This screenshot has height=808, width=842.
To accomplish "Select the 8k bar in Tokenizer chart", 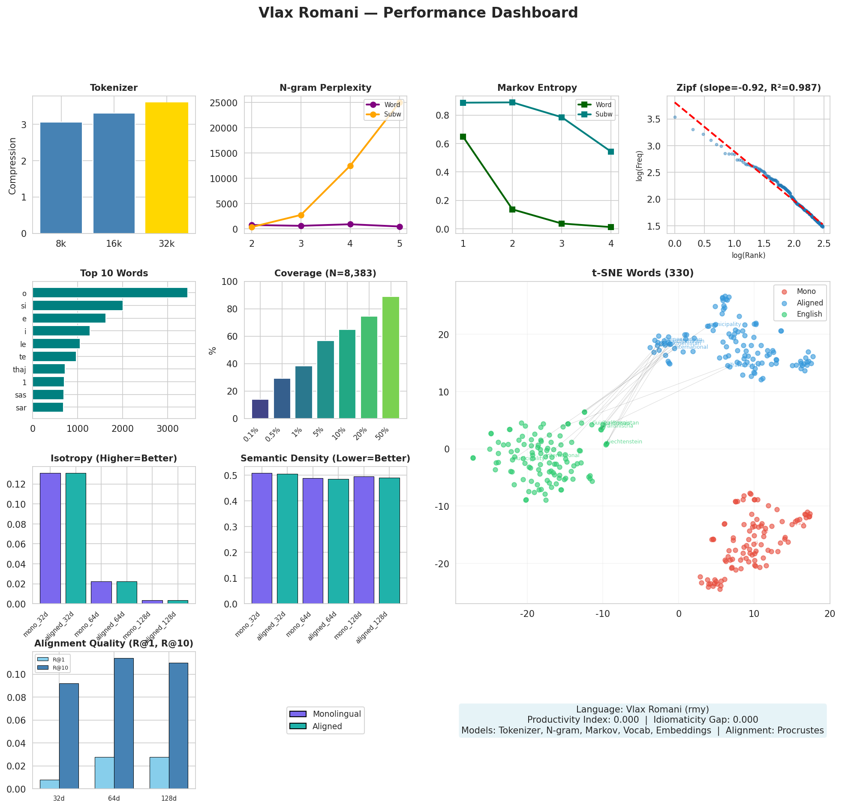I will pyautogui.click(x=61, y=178).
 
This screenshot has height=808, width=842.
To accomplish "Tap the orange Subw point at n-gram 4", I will pyautogui.click(x=350, y=166).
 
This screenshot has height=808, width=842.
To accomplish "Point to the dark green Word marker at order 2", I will pyautogui.click(x=512, y=209).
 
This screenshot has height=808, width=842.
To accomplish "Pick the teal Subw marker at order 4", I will pyautogui.click(x=610, y=152).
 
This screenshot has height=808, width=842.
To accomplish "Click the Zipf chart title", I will pyautogui.click(x=749, y=88).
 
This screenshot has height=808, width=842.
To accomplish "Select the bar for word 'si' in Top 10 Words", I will pyautogui.click(x=77, y=306).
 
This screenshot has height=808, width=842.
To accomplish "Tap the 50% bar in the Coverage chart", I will pyautogui.click(x=391, y=357).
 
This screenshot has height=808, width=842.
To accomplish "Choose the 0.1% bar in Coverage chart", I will pyautogui.click(x=260, y=409).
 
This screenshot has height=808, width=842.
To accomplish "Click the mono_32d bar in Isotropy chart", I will pyautogui.click(x=50, y=538).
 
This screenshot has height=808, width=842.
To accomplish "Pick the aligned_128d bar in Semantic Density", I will pyautogui.click(x=389, y=541).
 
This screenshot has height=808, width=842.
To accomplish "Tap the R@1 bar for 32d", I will pyautogui.click(x=49, y=784).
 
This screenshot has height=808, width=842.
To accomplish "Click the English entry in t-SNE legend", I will pyautogui.click(x=809, y=314).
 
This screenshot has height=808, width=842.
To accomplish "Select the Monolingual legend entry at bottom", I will pyautogui.click(x=337, y=714).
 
